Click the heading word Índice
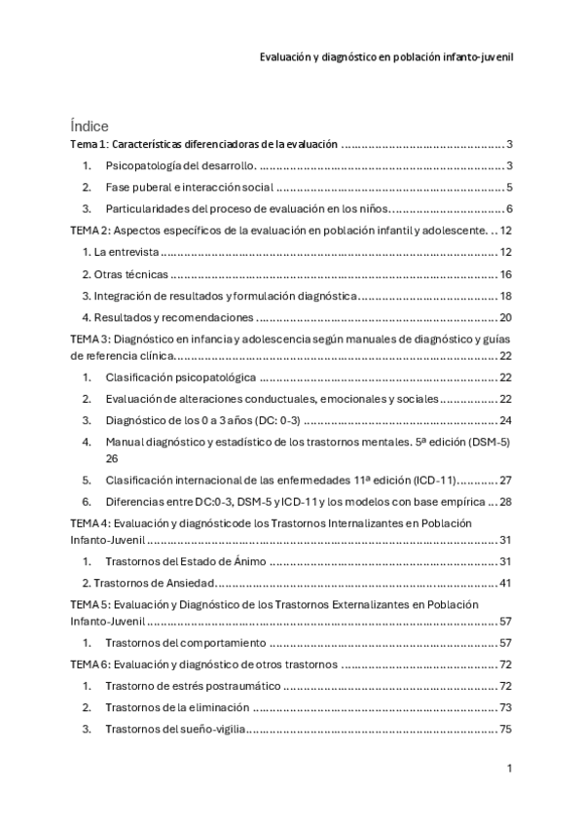(90, 126)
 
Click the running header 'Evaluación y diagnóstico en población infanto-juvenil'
(386, 56)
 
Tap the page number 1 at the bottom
(509, 769)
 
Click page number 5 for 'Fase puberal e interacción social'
(509, 187)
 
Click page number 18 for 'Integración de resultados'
(505, 296)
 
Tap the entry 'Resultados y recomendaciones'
(168, 317)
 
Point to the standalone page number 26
(112, 457)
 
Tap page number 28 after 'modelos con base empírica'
(505, 501)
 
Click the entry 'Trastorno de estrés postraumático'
(192, 686)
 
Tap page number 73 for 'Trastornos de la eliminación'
(505, 707)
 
